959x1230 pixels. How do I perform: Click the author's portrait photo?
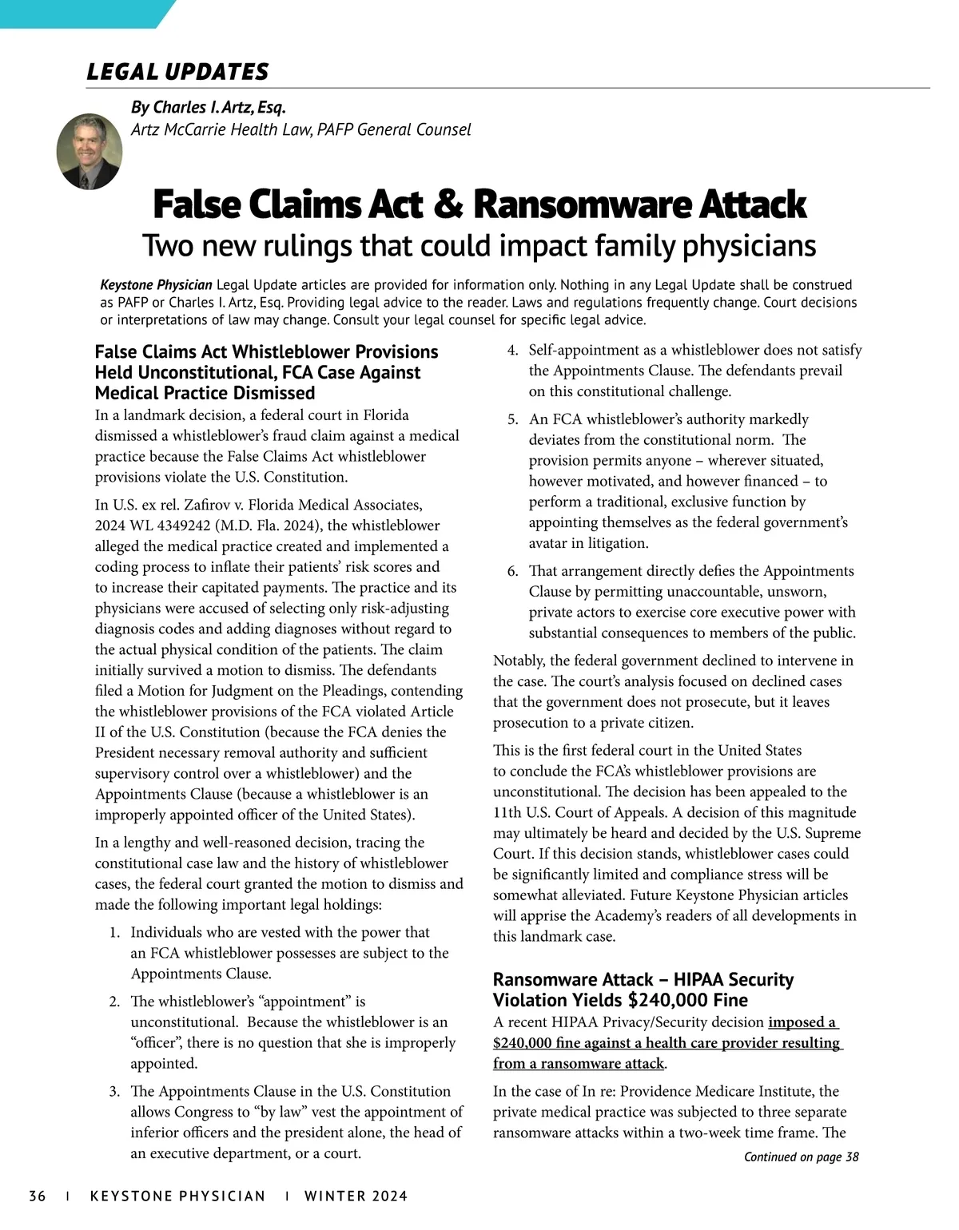coord(90,151)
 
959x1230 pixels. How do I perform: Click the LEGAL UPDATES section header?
coord(177,72)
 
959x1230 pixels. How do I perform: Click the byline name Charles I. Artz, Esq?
coord(208,107)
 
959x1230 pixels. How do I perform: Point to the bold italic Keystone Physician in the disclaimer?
coord(157,285)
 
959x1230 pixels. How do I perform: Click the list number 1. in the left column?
coord(114,932)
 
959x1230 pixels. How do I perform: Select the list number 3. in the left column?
coord(114,1091)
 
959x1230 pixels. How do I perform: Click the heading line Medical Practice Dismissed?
coord(205,393)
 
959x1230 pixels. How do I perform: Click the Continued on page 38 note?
coord(801,1157)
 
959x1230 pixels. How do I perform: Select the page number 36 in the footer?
coord(38,1196)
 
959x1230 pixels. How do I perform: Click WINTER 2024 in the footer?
coord(356,1196)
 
